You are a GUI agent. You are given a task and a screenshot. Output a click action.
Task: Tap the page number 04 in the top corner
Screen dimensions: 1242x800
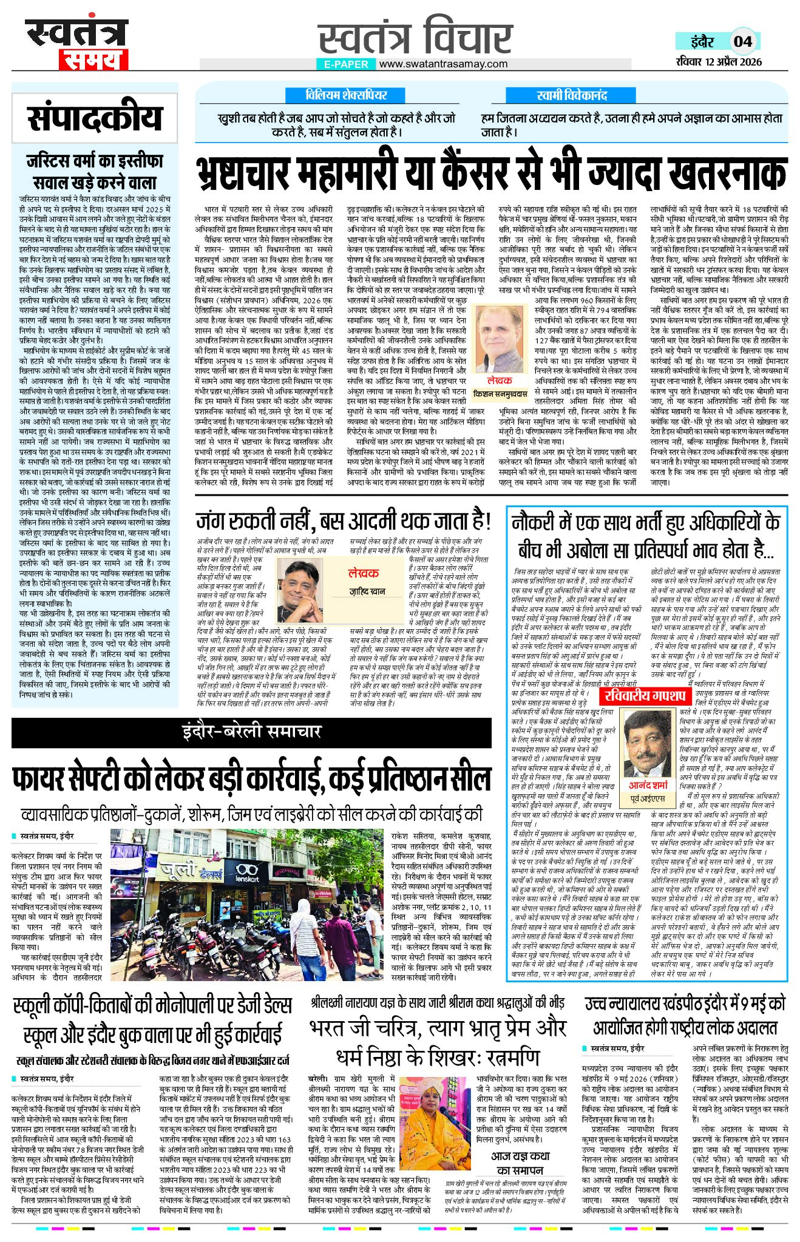[x=743, y=41]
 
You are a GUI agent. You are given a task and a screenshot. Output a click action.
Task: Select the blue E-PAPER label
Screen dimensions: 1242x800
[x=346, y=64]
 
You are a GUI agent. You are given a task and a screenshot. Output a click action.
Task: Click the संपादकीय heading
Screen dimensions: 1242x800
[x=95, y=118]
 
